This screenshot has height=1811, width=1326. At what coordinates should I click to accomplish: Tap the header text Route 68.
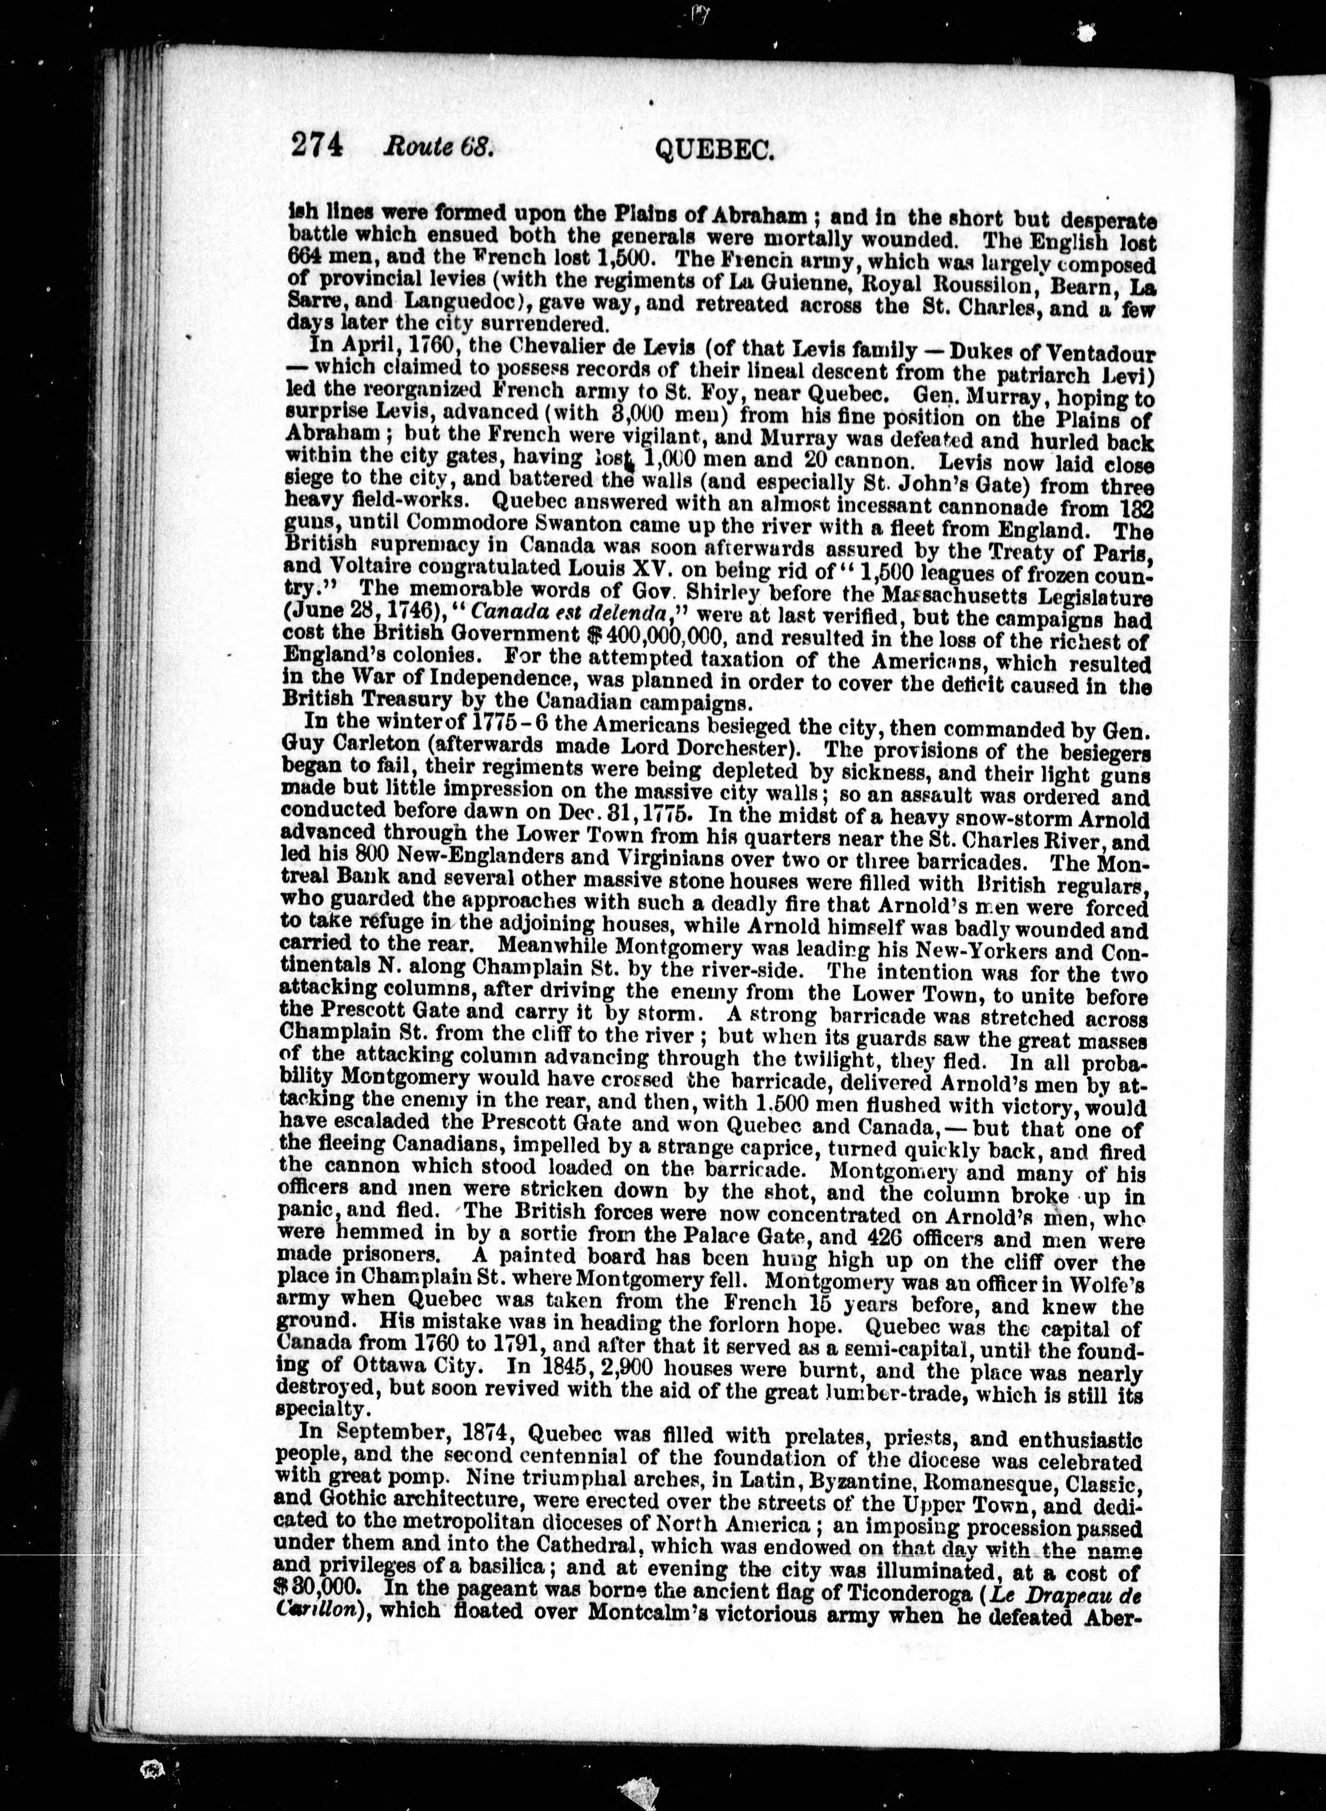click(437, 148)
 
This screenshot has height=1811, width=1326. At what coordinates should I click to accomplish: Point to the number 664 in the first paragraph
click(303, 261)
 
